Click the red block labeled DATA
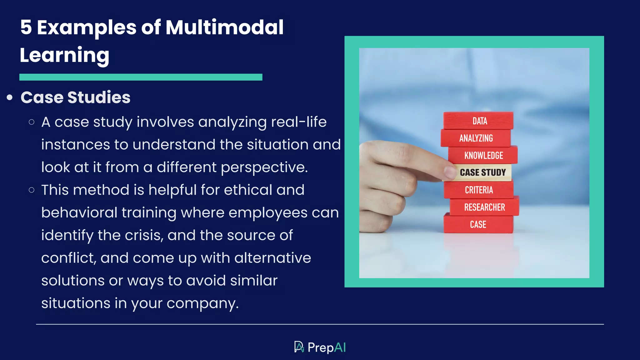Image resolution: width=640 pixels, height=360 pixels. coord(478,121)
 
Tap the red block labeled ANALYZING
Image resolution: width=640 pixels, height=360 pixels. coord(476,138)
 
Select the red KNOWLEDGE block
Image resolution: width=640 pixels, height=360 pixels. coord(483,155)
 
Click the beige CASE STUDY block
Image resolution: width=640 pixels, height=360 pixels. coord(482,172)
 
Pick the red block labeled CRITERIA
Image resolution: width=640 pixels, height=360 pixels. coord(479,190)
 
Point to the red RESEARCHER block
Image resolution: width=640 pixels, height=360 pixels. coord(484,207)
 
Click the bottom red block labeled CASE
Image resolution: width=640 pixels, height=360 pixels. coord(478,224)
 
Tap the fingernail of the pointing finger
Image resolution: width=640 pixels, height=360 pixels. coord(450,172)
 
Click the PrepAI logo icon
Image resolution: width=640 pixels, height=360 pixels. coord(299,347)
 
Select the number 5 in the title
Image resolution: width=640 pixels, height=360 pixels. coord(26,27)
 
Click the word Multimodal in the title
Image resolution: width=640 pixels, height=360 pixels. coord(224,27)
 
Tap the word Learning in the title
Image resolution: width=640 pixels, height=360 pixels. coord(64,55)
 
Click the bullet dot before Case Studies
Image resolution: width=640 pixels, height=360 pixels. coord(10,97)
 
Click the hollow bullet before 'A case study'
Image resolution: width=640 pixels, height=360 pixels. coord(31,122)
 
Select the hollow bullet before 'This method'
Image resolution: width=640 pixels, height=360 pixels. coord(31,190)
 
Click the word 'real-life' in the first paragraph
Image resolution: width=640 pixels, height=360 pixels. coord(298,122)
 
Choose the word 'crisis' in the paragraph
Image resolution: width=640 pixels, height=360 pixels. coord(144,235)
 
